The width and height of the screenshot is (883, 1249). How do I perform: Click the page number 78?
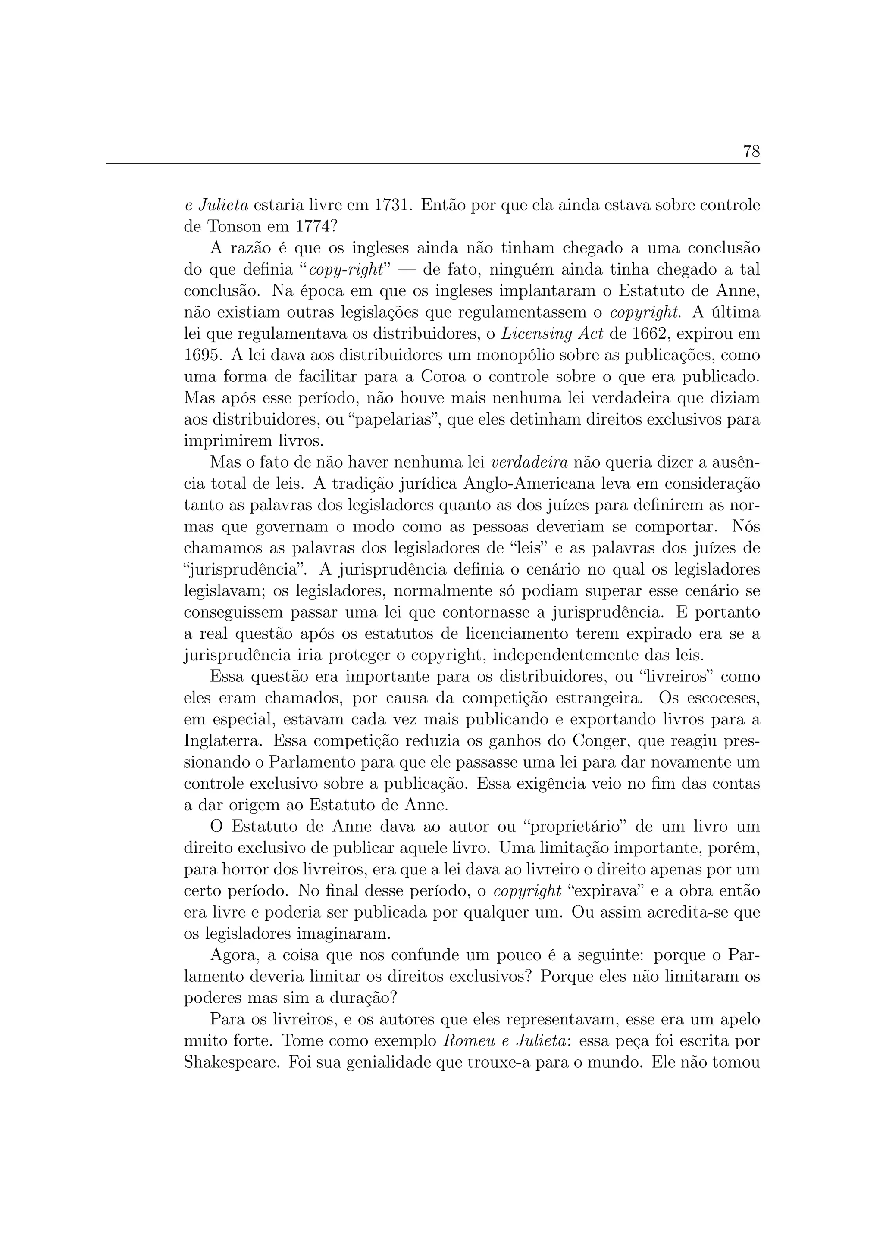coord(751,152)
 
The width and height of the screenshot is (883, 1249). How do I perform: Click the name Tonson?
coord(234,227)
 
